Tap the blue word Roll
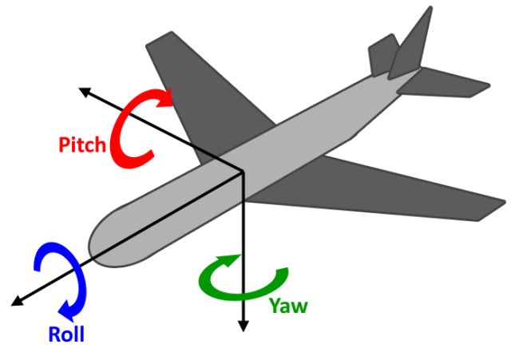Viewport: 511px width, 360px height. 66,333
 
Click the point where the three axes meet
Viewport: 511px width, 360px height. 241,169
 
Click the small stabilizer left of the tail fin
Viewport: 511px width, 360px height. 381,56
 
